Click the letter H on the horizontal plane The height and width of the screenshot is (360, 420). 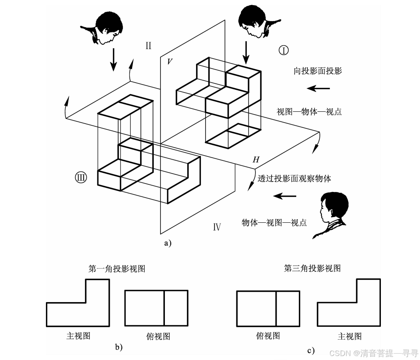coord(256,160)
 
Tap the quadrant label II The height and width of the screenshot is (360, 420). coord(148,45)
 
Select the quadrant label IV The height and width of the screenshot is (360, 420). coord(217,227)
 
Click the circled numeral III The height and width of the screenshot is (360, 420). coord(81,177)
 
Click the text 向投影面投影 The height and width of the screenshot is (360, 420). coord(318,71)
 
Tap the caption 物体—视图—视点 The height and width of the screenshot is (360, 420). coord(274,223)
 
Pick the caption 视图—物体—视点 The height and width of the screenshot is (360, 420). coord(309,112)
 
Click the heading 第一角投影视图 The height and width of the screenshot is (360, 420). coord(117,269)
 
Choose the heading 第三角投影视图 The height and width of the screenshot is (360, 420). coord(312,268)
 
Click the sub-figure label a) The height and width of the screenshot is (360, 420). coord(167,242)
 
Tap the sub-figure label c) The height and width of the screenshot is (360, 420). coord(311,351)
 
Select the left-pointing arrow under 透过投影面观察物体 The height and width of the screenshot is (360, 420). coord(285,196)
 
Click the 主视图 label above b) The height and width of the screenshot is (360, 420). coord(78,336)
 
